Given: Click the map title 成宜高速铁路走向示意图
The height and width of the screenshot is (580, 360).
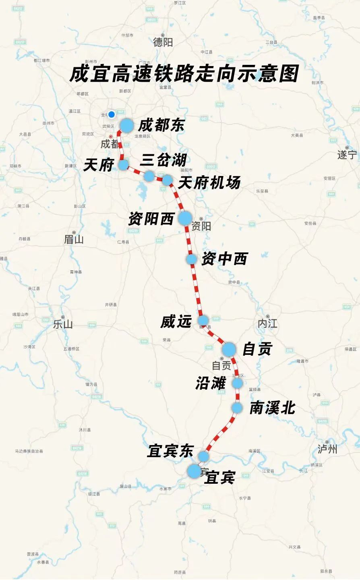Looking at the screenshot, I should [x=184, y=74].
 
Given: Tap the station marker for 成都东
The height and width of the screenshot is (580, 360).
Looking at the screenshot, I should [x=126, y=126].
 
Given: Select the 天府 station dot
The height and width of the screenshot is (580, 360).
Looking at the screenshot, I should [x=123, y=164].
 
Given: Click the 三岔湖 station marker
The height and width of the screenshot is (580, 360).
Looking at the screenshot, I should [x=149, y=176].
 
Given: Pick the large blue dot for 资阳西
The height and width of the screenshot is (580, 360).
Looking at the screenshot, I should [x=185, y=218].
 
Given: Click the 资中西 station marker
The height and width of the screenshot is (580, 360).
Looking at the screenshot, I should [x=192, y=259].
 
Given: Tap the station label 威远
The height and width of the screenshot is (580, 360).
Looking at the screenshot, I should [x=176, y=321].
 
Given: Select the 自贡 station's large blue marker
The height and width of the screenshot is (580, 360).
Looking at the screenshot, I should [x=229, y=349].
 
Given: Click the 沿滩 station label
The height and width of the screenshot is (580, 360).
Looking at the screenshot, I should [x=211, y=383].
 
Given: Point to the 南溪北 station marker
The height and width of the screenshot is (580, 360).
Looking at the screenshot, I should [x=237, y=408].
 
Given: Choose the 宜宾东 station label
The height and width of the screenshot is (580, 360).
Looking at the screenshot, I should [x=170, y=451].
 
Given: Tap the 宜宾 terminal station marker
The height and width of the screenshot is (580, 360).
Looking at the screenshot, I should [x=194, y=471].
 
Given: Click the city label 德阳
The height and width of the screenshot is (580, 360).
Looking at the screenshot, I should [x=163, y=42].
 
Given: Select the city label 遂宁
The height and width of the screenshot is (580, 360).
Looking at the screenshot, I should [x=347, y=155].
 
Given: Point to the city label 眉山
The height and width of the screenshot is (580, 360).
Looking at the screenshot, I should [x=74, y=240].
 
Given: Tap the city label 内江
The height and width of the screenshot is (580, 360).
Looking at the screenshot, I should [x=267, y=323].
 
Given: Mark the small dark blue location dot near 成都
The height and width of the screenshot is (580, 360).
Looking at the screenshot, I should [x=112, y=114].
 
